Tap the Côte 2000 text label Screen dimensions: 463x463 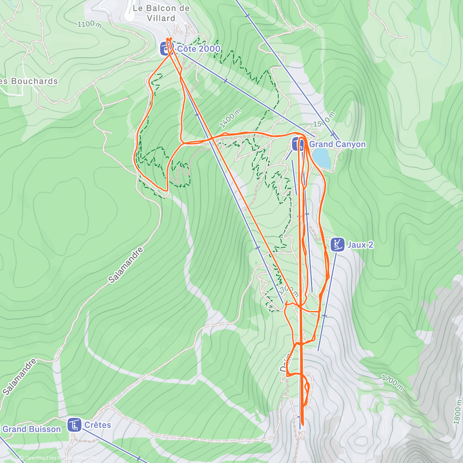tap(199, 49)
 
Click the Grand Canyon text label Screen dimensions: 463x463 tap(338, 144)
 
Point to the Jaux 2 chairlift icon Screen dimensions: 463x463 tap(338, 245)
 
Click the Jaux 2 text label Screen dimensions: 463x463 tap(360, 245)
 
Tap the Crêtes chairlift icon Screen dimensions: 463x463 tap(74, 425)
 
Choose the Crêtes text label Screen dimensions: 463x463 tap(98, 425)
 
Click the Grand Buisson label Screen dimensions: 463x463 tap(32, 429)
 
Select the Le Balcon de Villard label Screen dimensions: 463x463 tap(161, 13)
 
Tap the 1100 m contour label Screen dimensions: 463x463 tap(90, 24)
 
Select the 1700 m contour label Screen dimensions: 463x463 tap(392, 382)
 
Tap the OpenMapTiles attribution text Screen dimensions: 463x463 tap(41, 458)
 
